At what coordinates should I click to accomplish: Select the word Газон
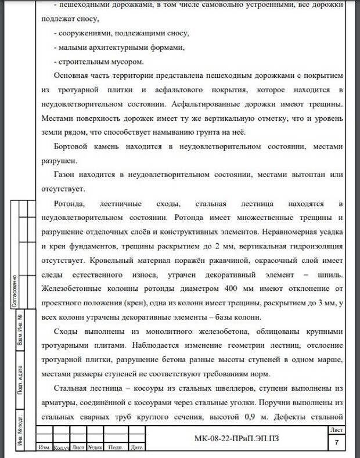click(64, 175)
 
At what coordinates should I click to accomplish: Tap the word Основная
click(74, 75)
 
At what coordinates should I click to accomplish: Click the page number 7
click(337, 443)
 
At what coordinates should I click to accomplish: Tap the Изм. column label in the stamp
click(44, 448)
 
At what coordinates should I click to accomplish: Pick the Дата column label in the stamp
click(136, 448)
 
